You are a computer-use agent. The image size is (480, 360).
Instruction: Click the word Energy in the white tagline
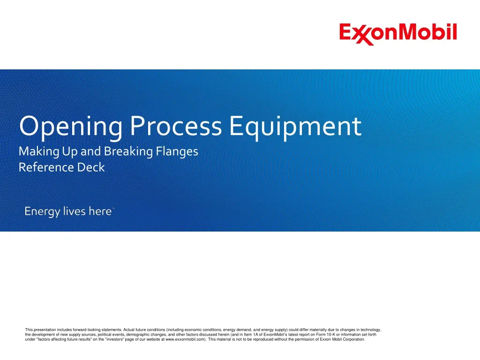click(x=42, y=212)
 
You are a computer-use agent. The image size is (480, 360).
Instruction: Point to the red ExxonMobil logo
click(x=398, y=33)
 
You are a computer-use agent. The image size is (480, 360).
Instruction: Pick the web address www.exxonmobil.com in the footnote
click(x=186, y=339)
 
